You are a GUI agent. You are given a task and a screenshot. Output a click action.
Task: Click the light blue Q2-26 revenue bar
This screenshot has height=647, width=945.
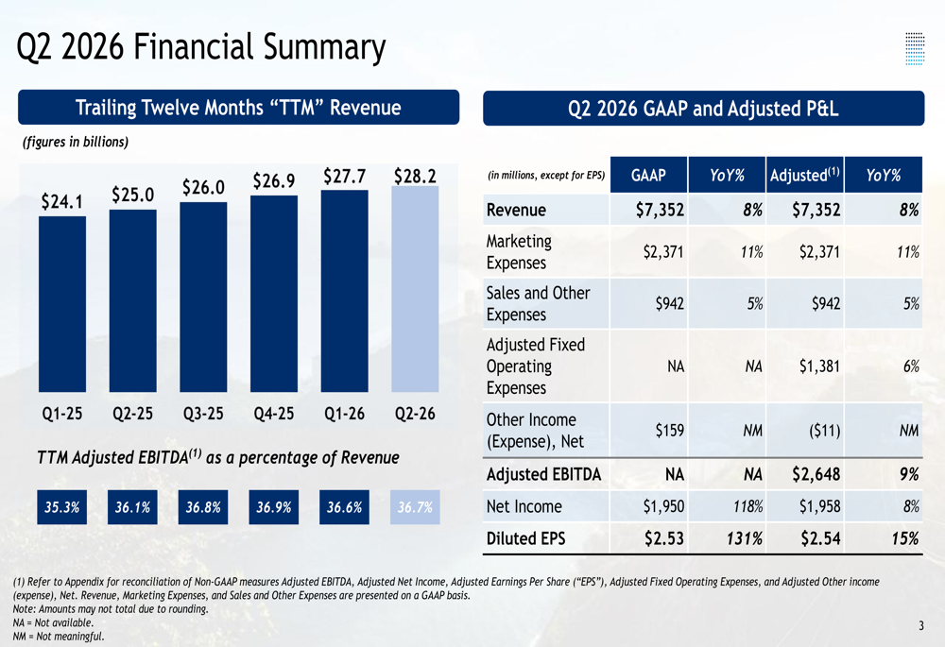(x=415, y=289)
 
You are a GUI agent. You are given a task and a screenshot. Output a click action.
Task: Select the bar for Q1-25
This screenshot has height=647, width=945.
(x=62, y=304)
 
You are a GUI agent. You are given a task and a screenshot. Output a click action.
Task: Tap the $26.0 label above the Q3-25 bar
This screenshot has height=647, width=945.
(x=204, y=187)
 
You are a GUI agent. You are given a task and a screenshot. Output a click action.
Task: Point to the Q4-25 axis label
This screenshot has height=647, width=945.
(x=274, y=414)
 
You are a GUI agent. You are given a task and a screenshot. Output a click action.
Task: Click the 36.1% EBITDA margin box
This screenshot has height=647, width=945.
(x=132, y=507)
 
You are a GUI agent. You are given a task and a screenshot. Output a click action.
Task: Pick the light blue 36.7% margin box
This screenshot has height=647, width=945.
(x=415, y=507)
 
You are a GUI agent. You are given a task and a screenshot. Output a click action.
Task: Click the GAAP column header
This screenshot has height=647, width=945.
(x=648, y=175)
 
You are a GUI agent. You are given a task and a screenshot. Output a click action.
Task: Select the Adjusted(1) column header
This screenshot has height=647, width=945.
(x=804, y=175)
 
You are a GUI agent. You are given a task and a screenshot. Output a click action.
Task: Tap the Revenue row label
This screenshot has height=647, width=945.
(x=516, y=210)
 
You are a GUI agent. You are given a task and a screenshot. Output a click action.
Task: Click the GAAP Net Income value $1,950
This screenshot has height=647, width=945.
(x=663, y=506)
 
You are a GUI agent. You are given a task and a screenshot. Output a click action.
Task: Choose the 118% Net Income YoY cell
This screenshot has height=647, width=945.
(x=747, y=506)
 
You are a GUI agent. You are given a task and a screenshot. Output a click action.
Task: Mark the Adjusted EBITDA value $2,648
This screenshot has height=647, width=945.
(x=816, y=474)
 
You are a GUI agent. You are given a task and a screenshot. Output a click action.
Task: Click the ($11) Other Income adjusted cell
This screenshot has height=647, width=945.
(x=824, y=431)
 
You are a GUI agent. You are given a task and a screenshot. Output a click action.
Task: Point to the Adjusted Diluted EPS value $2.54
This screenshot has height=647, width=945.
(x=821, y=538)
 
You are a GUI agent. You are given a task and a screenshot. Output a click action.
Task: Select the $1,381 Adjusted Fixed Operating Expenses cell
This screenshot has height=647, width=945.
(x=819, y=366)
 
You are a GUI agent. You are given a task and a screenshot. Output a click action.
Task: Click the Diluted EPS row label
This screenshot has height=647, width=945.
(x=525, y=538)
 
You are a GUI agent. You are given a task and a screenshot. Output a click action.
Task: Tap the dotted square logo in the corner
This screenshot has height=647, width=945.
(x=915, y=49)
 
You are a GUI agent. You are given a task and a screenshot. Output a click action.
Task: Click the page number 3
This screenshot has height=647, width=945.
(x=920, y=626)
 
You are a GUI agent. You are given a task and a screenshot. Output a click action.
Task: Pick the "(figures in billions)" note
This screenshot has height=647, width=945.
(x=76, y=142)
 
